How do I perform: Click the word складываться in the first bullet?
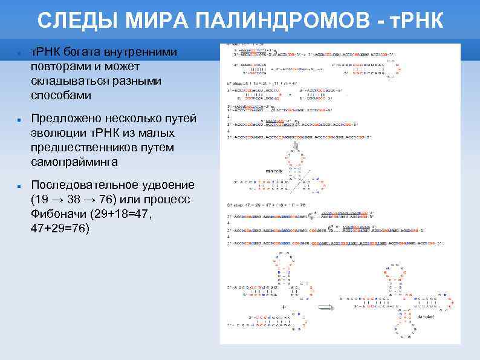(69, 81)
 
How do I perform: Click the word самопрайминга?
(74, 162)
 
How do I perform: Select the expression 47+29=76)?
(60, 229)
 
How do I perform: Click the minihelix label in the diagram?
(274, 171)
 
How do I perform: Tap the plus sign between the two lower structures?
(283, 307)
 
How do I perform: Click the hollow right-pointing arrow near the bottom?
(326, 307)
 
